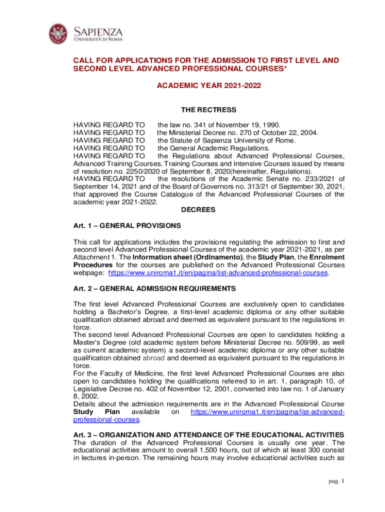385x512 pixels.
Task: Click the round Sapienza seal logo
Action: click(x=59, y=34)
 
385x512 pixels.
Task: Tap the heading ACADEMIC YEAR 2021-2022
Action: click(x=209, y=86)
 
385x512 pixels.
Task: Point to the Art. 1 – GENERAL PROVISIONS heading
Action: click(x=127, y=225)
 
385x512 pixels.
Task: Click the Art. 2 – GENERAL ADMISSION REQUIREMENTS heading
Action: click(x=154, y=289)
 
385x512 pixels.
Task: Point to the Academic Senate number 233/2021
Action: click(x=317, y=178)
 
